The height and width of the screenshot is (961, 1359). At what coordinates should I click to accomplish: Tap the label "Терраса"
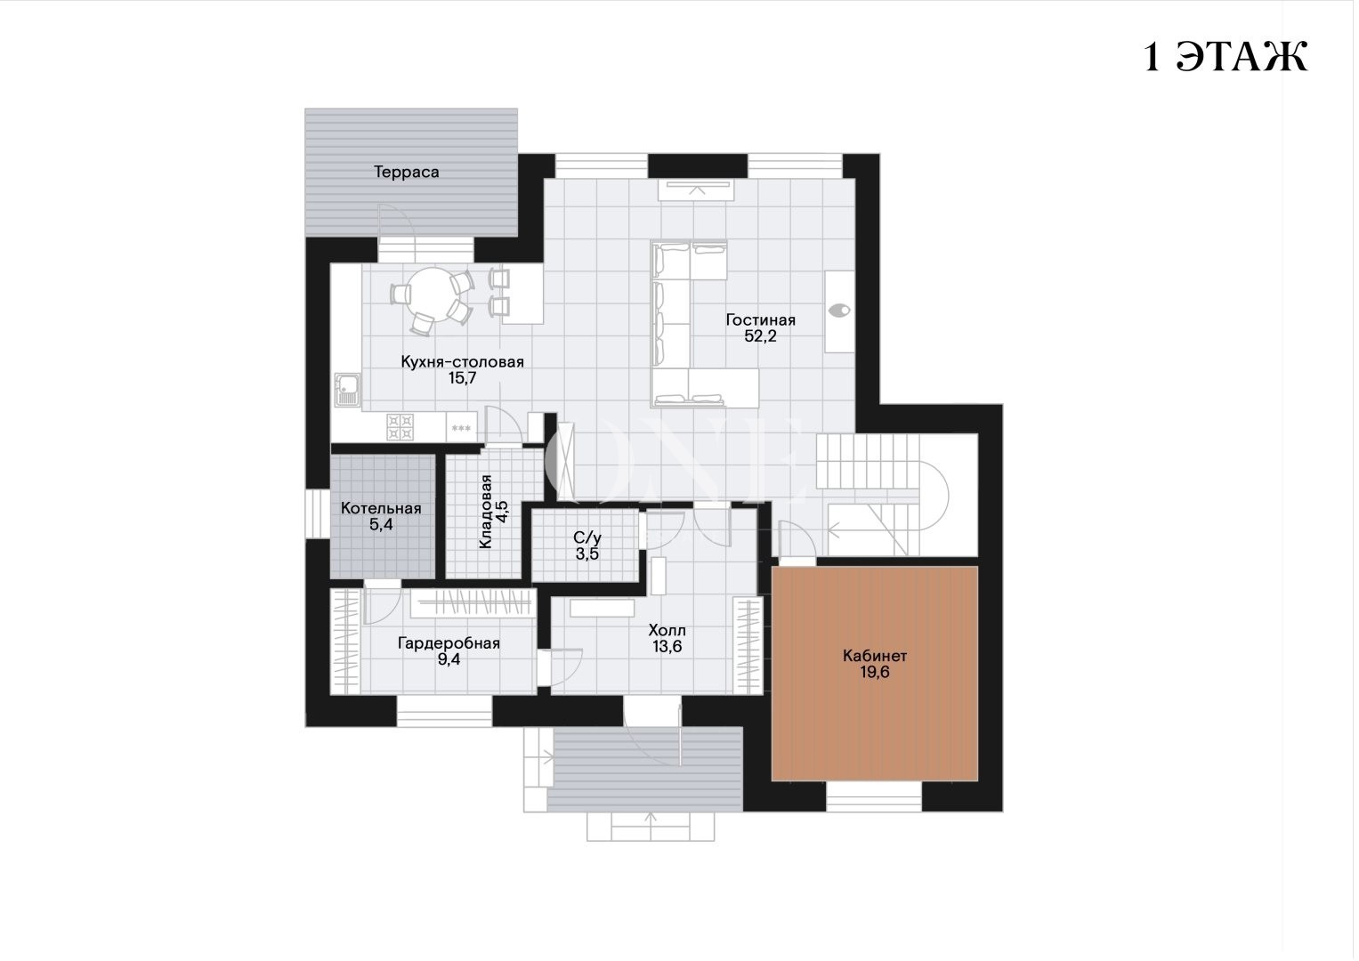coord(406,173)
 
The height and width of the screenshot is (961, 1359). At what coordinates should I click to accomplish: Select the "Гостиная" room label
coord(760,319)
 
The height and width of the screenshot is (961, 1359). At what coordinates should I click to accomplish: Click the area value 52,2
coord(760,336)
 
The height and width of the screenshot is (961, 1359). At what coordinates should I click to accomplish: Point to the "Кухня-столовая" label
coord(462,362)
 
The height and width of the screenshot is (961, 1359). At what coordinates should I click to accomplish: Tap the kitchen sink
coord(347,390)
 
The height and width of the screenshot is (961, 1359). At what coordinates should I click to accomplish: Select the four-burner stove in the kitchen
coord(400,426)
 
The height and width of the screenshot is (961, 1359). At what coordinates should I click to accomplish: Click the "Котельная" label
coord(381,508)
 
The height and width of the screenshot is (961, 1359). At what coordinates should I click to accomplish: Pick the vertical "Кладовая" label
coord(485,512)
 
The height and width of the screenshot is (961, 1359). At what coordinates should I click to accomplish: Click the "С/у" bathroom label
coord(587,537)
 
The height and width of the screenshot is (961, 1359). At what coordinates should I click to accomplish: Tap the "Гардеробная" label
coord(449,643)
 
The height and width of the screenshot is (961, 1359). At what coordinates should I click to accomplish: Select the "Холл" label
coord(667,630)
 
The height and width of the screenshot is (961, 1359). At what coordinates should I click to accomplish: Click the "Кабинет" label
coord(875,656)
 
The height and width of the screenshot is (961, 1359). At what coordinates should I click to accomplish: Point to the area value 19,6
coord(875,672)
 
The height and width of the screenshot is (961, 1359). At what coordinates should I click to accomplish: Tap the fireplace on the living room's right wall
coord(839,311)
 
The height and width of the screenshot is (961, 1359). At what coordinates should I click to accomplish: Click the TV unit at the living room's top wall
coord(697,190)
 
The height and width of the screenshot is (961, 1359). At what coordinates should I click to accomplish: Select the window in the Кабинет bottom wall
coord(874,796)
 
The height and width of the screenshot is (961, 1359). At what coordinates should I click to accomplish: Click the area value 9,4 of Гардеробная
coord(449,659)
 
